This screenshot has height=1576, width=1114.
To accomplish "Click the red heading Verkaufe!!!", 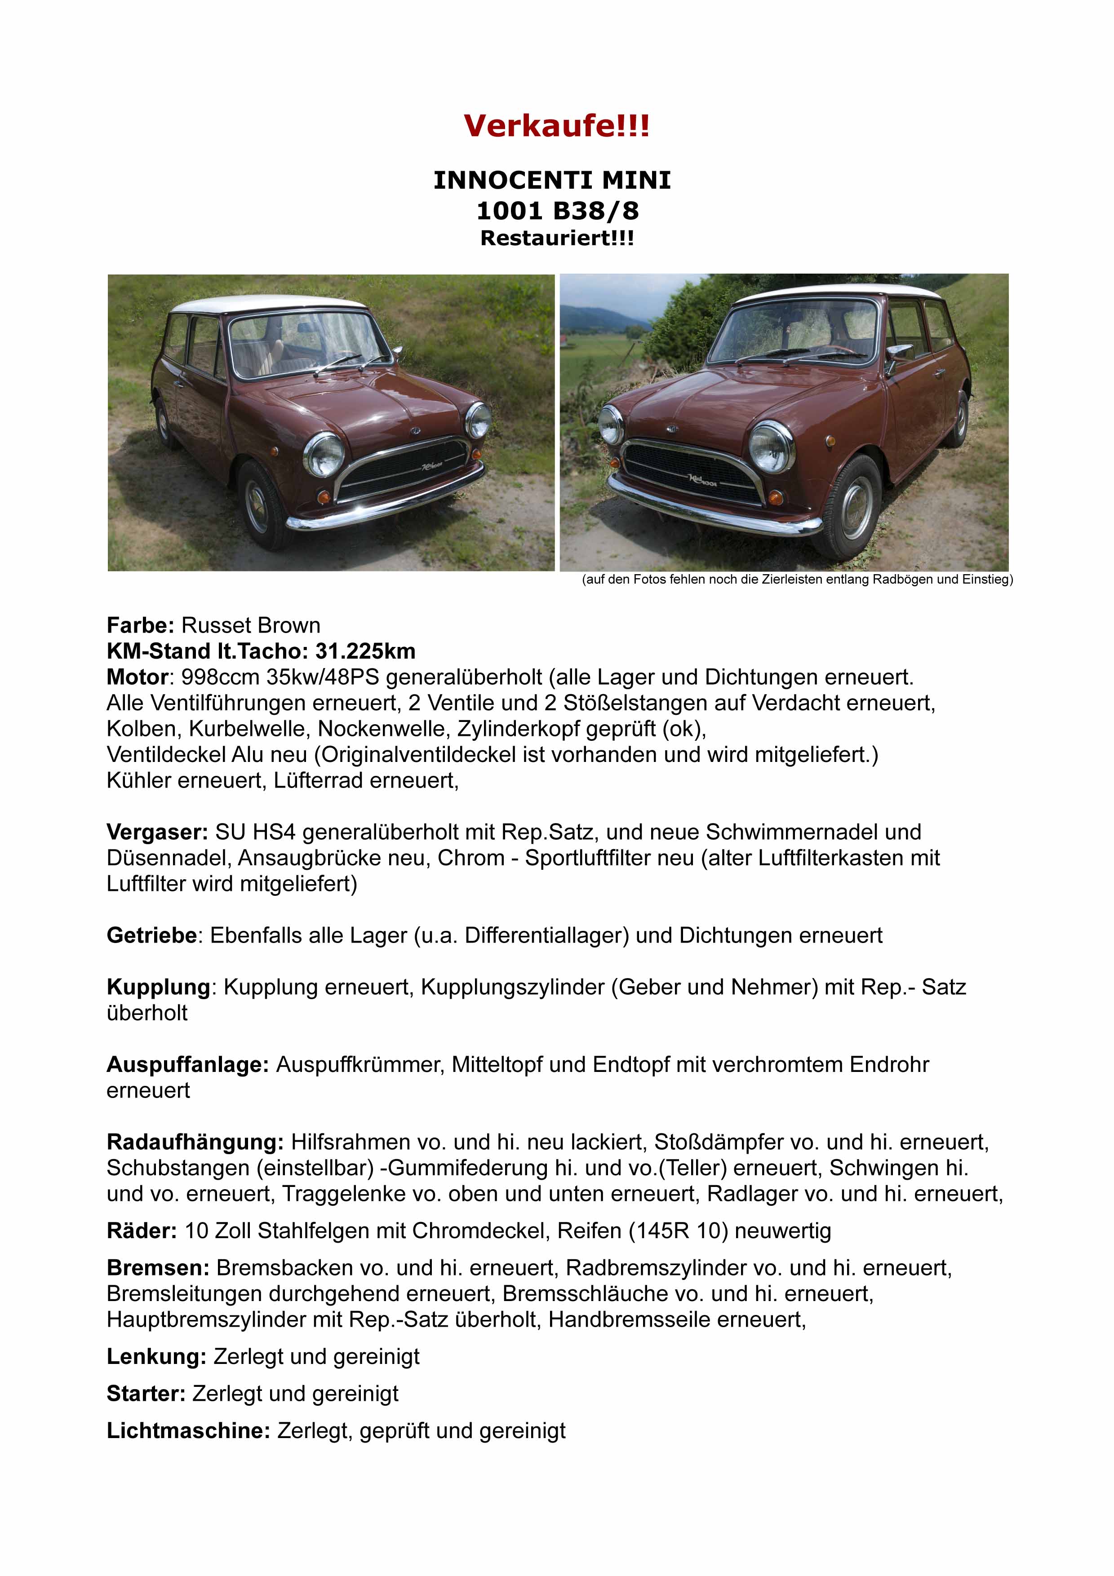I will click(556, 126).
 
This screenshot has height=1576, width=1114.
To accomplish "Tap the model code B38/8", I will click(595, 211).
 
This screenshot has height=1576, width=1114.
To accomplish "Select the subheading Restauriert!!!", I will click(557, 239).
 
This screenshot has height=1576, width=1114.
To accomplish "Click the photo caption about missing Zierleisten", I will click(797, 580).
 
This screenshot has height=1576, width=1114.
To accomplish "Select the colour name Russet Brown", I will click(251, 625).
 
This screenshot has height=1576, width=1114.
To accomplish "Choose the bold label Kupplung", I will click(158, 988).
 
